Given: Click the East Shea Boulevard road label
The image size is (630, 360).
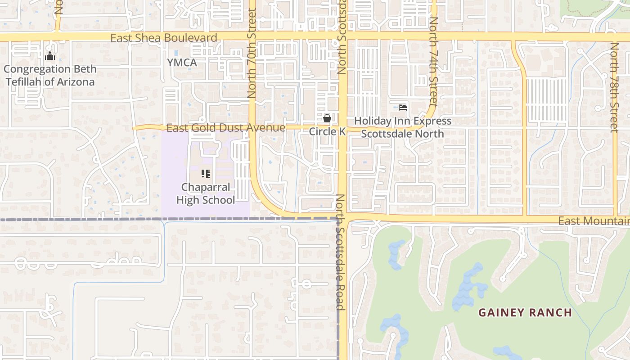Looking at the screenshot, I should pyautogui.click(x=164, y=38).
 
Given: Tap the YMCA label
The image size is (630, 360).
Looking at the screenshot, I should pyautogui.click(x=182, y=63).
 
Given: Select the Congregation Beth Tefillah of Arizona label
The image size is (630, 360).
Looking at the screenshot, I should pyautogui.click(x=50, y=76).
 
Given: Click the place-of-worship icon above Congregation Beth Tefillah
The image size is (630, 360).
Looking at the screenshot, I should pyautogui.click(x=50, y=56).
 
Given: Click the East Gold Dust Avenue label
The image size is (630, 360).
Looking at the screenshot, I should pyautogui.click(x=225, y=128).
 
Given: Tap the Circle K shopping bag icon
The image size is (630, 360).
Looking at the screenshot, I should pyautogui.click(x=327, y=118).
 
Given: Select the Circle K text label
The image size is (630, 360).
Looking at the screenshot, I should pyautogui.click(x=327, y=131).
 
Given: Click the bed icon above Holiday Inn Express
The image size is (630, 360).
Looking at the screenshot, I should pyautogui.click(x=403, y=108).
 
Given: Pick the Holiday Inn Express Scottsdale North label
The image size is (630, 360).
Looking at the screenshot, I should pyautogui.click(x=403, y=127).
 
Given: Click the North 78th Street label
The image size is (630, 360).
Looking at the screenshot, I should pyautogui.click(x=615, y=87).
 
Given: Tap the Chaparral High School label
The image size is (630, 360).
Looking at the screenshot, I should pyautogui.click(x=206, y=193).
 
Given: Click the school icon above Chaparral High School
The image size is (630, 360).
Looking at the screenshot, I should pyautogui.click(x=206, y=173).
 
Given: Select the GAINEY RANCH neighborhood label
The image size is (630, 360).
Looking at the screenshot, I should pyautogui.click(x=525, y=312).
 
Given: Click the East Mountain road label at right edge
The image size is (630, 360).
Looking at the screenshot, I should pyautogui.click(x=593, y=221).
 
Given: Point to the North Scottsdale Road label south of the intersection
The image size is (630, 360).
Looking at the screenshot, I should pyautogui.click(x=340, y=252).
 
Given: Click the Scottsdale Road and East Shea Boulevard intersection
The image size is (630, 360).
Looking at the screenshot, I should pyautogui.click(x=342, y=36).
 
